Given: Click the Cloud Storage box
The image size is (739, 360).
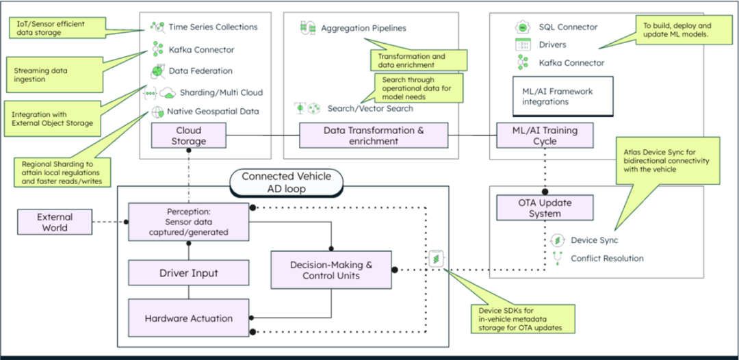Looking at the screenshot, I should [x=189, y=135].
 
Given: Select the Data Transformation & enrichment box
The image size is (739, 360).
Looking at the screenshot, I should [x=373, y=135].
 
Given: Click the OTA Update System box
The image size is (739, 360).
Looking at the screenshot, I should [x=545, y=207].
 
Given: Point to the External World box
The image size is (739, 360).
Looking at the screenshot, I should [x=54, y=222].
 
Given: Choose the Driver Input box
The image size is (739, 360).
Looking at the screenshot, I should [x=188, y=273].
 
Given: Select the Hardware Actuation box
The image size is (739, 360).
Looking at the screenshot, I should [x=188, y=318].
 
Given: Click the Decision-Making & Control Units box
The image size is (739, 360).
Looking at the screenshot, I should [x=331, y=269].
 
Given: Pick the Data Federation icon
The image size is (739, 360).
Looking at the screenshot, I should [x=157, y=70].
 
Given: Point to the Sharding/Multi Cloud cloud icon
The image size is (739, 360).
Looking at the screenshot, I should [x=167, y=92].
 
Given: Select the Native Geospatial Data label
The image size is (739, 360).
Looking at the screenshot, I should [x=213, y=112].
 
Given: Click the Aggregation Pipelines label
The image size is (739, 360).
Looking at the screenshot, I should [x=363, y=28].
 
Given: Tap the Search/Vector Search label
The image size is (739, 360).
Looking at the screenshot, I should [x=369, y=108].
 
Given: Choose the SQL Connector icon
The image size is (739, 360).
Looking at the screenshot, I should [x=523, y=27].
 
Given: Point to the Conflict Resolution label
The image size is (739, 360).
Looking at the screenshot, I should [x=607, y=259].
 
